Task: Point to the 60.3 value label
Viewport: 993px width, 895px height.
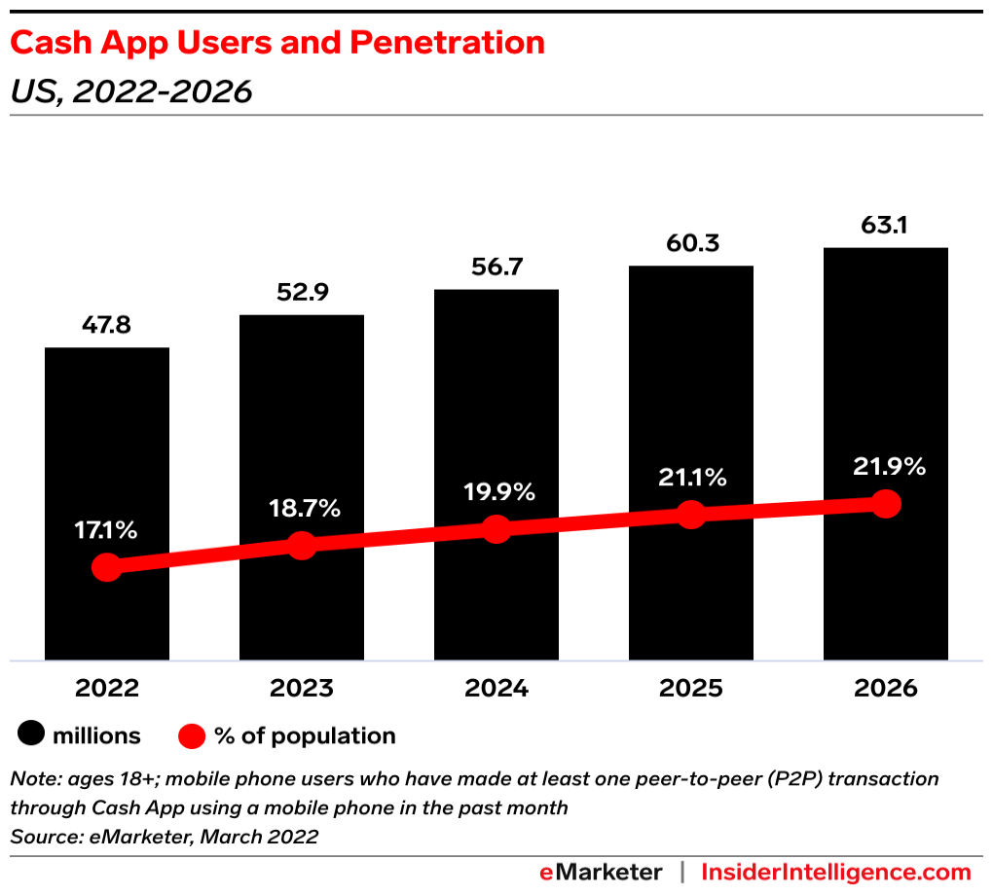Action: tap(690, 242)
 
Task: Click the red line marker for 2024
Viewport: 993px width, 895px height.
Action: tap(496, 529)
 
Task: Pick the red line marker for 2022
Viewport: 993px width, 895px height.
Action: tap(107, 567)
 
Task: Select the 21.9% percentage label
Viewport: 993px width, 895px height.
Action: tap(885, 466)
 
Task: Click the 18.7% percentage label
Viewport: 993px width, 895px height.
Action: tap(302, 508)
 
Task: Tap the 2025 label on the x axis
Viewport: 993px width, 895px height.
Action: tap(690, 689)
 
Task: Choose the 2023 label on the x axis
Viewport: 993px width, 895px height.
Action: tap(302, 689)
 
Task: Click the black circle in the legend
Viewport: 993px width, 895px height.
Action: tap(32, 735)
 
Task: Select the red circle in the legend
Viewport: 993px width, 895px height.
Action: tap(193, 735)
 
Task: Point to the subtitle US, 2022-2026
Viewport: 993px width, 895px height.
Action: tap(131, 91)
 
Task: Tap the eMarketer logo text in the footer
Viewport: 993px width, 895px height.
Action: tap(601, 872)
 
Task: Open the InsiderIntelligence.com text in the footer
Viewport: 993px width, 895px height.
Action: tap(836, 872)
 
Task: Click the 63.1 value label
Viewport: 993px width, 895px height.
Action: tap(885, 225)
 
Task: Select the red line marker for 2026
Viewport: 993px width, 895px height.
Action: tap(885, 504)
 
